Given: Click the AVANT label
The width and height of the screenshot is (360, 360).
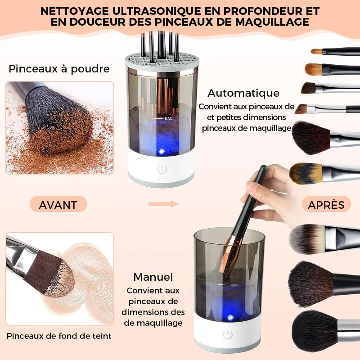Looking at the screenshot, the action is point(58,205).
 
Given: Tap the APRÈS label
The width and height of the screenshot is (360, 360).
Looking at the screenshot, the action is point(326,205).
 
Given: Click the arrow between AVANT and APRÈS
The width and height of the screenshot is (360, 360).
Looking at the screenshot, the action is point(163,204).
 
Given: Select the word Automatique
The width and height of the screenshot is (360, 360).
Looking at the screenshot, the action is point(243,93).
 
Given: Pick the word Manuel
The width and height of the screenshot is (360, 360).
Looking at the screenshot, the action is point(153,277).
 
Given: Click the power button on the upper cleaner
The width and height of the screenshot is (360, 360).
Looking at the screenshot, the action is point(162,169).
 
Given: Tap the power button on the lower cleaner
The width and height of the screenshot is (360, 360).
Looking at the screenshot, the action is point(228,335).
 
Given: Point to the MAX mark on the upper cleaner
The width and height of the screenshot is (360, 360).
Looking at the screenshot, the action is point(168,118).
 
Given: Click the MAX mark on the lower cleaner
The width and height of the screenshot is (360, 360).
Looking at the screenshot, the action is point(234,285).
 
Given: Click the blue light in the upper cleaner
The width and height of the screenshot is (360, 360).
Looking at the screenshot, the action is point(162,151).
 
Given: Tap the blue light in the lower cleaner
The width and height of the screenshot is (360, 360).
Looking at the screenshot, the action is point(230,317).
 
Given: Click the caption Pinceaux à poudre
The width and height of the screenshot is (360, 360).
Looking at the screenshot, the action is point(59,69).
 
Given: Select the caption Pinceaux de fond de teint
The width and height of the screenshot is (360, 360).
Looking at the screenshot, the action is point(59,336).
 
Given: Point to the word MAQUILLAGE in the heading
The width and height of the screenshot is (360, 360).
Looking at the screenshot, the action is point(272,22).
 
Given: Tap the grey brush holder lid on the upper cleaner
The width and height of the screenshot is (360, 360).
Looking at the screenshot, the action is point(162,62).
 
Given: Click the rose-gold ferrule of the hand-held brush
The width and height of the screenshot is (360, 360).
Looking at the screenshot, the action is point(231,254).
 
